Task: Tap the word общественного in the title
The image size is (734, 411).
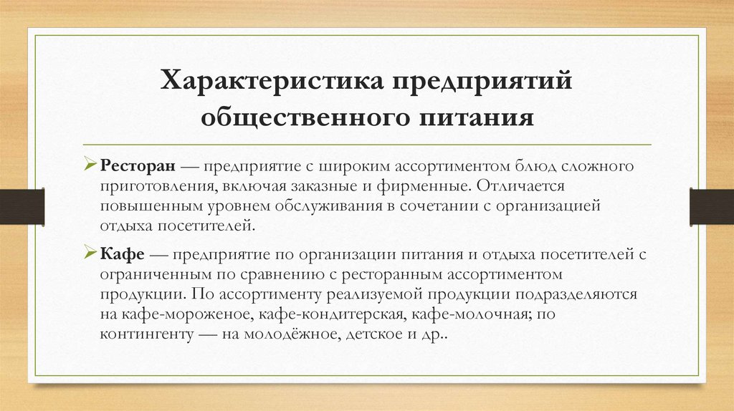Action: (x=300, y=116)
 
